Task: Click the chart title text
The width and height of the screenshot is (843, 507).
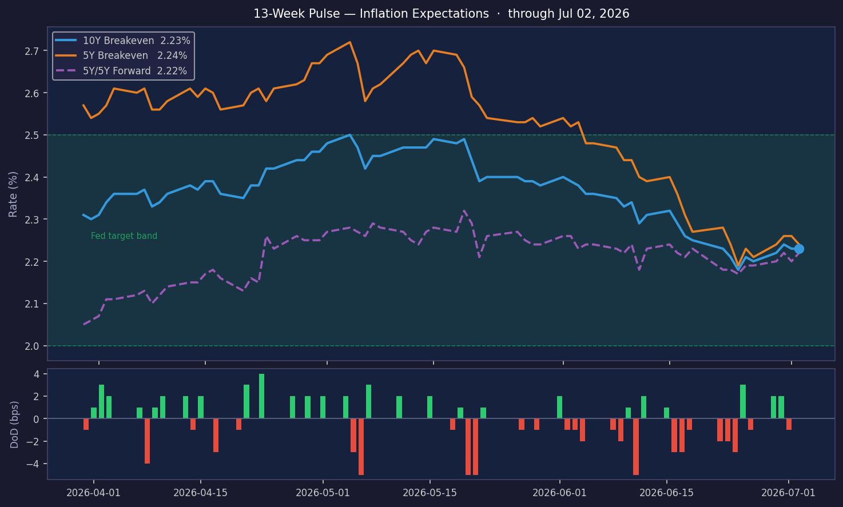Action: [x=441, y=14]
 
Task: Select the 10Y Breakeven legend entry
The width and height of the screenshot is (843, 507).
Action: [x=123, y=40]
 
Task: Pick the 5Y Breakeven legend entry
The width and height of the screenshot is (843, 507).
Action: [x=121, y=55]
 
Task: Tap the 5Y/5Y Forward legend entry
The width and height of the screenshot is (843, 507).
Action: [x=121, y=71]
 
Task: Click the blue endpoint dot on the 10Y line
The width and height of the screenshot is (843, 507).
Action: [x=799, y=249]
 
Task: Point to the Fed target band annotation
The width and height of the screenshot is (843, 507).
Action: [x=124, y=236]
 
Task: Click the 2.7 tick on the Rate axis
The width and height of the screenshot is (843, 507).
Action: [x=33, y=51]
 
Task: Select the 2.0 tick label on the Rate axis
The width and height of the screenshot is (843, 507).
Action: [x=33, y=346]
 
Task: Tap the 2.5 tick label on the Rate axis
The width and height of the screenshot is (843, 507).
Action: [x=33, y=135]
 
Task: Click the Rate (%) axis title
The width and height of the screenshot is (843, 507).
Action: [x=13, y=194]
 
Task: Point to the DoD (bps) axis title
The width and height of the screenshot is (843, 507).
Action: [x=14, y=425]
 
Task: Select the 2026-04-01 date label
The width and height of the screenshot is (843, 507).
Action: [x=93, y=493]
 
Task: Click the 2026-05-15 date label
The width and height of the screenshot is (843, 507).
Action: [x=430, y=493]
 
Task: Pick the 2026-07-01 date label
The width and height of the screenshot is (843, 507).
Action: [x=789, y=493]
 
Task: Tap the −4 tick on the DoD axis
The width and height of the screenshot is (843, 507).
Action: [x=33, y=464]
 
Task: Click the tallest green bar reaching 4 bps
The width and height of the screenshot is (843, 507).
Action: [x=261, y=396]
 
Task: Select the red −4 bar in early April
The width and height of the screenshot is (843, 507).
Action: [x=147, y=441]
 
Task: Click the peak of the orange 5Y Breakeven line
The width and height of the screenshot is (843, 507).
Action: [x=350, y=42]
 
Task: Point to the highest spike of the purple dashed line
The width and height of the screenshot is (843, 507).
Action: [x=464, y=210]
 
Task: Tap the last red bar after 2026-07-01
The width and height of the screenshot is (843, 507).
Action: [x=789, y=424]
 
